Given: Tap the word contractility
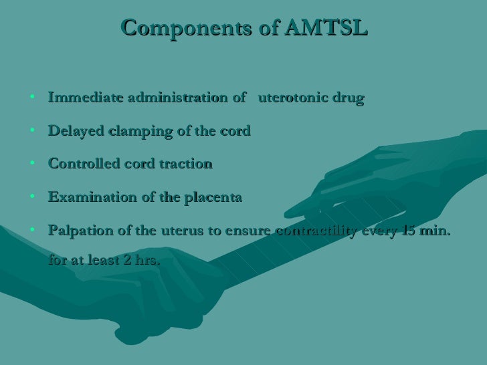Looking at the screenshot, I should (x=314, y=231).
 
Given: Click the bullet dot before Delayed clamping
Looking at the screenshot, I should (x=32, y=131).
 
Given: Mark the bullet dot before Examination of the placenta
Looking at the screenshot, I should (x=32, y=198).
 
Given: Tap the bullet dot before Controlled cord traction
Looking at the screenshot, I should (x=32, y=164).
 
